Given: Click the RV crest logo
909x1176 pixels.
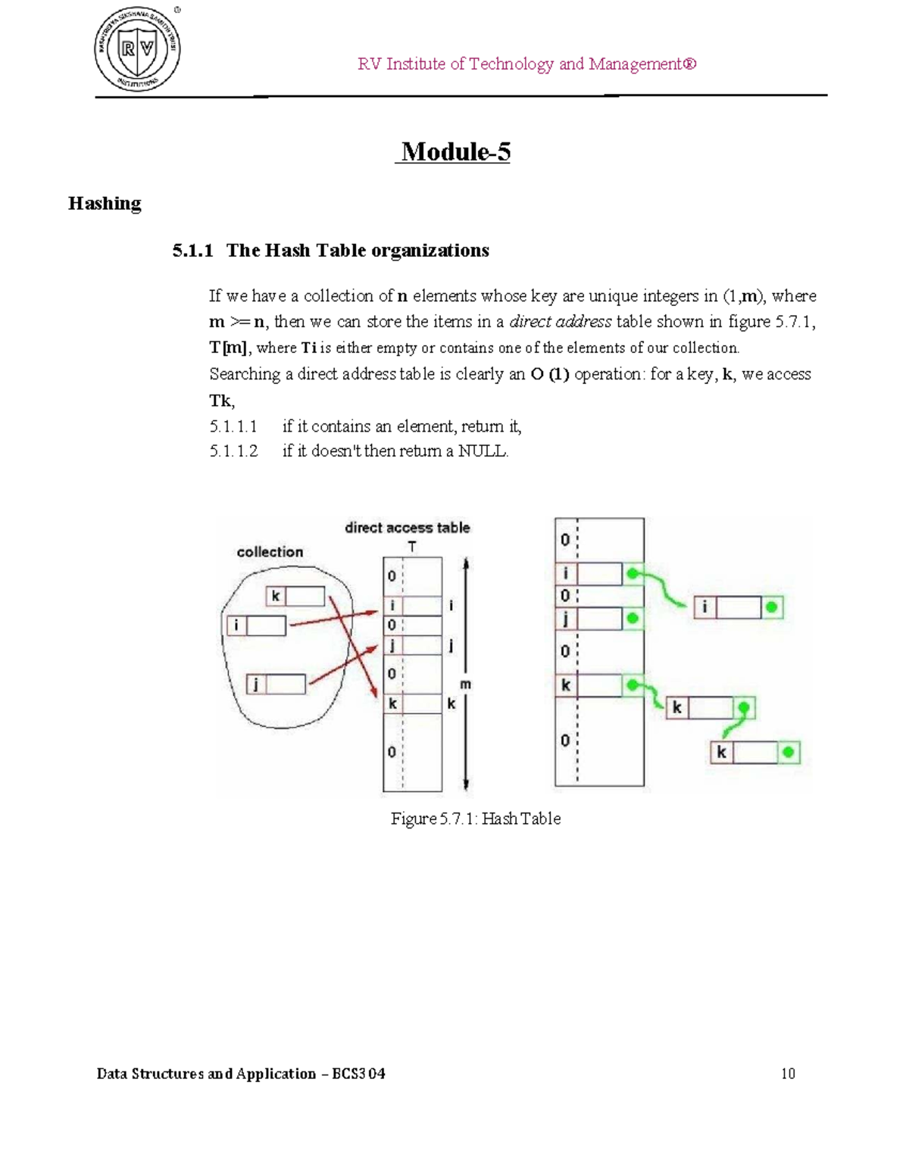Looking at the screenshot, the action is [x=138, y=50].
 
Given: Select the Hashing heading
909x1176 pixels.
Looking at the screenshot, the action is [x=105, y=203].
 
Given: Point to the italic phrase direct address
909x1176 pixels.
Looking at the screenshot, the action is [x=561, y=322].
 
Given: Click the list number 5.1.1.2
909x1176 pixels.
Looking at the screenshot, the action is [x=233, y=451].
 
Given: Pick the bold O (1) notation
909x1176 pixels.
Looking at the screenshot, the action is [x=550, y=374].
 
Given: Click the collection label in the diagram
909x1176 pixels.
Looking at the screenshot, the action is [x=270, y=552].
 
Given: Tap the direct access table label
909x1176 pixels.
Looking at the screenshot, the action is [x=408, y=528].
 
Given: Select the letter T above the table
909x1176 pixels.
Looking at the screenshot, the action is [x=412, y=546].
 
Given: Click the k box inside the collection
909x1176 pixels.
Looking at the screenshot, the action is [x=295, y=597].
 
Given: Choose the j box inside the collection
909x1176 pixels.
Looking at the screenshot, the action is [x=276, y=685].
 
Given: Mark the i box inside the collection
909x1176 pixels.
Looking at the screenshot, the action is [x=256, y=625].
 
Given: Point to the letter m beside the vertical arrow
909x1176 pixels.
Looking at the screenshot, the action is [x=466, y=685].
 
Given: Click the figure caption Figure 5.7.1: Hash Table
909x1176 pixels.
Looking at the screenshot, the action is [x=476, y=819].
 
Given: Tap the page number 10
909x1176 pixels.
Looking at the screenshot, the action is [x=788, y=1074].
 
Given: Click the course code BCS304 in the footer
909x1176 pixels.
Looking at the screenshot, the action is [x=358, y=1074].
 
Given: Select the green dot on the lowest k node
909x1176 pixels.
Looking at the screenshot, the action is [x=789, y=753].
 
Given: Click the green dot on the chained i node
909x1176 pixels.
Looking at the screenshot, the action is [x=772, y=607].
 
